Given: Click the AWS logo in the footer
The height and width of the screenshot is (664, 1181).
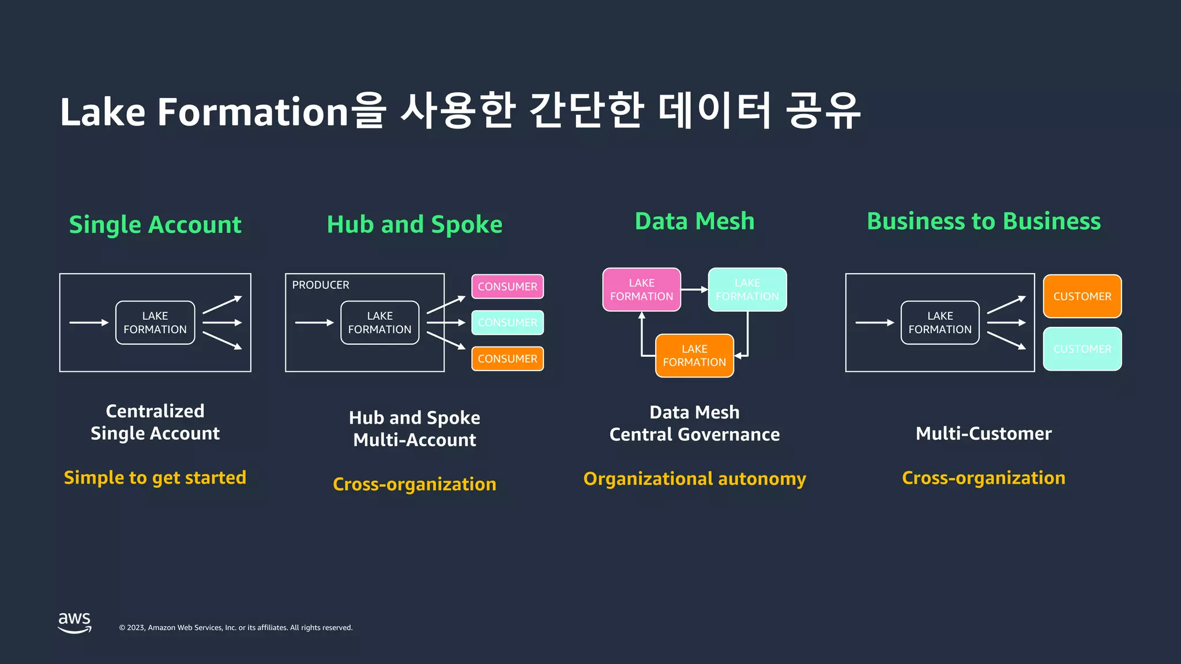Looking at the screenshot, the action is [x=75, y=622].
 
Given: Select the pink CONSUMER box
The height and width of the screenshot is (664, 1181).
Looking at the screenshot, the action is [x=507, y=286].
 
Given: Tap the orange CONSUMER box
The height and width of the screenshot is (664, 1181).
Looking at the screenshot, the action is [x=507, y=359].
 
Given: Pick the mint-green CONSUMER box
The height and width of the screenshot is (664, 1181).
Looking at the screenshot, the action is [x=507, y=323].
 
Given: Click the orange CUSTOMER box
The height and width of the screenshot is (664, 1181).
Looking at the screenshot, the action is [x=1082, y=296].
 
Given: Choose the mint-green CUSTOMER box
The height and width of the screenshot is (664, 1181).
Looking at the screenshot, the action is [x=1082, y=349].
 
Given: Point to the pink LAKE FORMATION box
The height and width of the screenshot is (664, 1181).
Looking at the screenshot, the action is [x=641, y=289].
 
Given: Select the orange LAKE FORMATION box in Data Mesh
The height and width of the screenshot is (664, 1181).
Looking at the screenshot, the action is [x=694, y=356].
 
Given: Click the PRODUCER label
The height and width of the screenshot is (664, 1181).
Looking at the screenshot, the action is [x=321, y=285].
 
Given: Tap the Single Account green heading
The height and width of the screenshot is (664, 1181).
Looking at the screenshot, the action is [x=155, y=225].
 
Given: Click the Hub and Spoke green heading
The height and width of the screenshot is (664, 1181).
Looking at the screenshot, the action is [x=415, y=225].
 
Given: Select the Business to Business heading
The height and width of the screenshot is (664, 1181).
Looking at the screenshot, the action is [x=984, y=221].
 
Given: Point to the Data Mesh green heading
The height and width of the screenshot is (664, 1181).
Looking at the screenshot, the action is [x=694, y=221].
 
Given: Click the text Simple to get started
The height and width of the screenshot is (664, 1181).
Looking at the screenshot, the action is [x=155, y=478].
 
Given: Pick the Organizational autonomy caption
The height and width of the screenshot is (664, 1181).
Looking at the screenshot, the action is [x=694, y=479].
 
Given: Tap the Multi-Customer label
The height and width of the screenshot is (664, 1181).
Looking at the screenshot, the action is [x=984, y=433].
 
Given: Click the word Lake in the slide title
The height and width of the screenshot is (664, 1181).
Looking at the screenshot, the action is [x=103, y=112].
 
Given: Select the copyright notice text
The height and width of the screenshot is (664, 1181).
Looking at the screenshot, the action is [x=236, y=628].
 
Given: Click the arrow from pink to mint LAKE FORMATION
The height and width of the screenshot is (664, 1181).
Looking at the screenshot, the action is [x=694, y=289].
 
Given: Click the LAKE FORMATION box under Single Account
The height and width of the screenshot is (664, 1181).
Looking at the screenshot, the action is [x=155, y=323].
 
